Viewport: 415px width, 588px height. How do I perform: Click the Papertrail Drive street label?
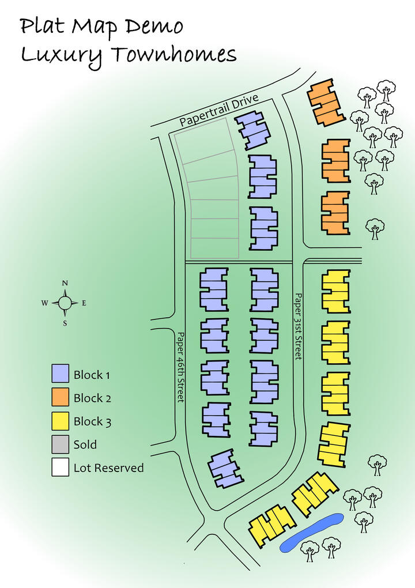219,110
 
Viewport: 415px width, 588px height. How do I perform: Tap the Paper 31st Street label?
298,326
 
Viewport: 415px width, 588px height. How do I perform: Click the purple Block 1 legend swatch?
60,374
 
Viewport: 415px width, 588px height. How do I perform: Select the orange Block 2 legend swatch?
60,397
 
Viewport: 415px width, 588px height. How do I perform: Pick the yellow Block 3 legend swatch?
60,421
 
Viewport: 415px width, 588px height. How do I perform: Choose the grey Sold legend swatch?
60,444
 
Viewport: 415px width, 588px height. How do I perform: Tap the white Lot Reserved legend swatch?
60,468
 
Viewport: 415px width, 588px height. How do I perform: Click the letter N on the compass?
65,283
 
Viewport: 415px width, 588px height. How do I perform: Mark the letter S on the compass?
65,323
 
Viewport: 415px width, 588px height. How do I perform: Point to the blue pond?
312,533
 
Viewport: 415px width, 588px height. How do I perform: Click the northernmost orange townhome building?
326,102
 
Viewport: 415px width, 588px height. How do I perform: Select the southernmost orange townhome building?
335,213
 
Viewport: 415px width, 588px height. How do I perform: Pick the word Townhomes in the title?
174,55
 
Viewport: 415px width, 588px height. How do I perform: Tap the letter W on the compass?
44,303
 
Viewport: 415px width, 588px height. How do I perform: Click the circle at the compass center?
65,303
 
